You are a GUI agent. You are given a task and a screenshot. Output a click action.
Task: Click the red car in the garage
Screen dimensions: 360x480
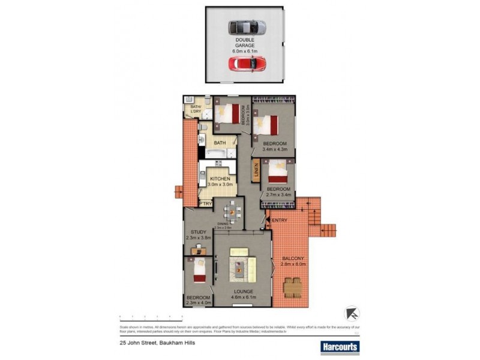(247, 64)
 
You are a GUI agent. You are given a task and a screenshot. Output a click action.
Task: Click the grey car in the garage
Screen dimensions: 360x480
(247, 28)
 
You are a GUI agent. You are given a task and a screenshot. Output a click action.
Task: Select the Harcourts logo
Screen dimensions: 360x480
(339, 347)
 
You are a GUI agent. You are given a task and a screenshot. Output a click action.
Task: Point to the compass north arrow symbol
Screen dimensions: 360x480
(352, 313)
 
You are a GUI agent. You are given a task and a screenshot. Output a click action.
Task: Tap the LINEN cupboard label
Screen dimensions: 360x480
(256, 171)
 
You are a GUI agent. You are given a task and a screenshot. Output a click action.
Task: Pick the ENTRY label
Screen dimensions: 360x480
(280, 221)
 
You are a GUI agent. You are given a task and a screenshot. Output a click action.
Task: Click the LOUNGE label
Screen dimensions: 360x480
(244, 292)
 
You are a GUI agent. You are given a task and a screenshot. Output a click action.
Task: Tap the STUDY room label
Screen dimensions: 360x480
(199, 232)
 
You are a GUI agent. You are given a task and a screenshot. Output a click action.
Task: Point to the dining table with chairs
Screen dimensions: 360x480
(232, 211)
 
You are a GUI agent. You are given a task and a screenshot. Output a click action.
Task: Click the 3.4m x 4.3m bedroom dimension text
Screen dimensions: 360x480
(274, 151)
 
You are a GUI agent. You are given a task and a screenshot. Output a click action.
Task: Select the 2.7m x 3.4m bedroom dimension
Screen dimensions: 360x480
(278, 194)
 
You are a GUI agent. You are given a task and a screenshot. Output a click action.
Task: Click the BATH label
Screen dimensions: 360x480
(220, 143)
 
